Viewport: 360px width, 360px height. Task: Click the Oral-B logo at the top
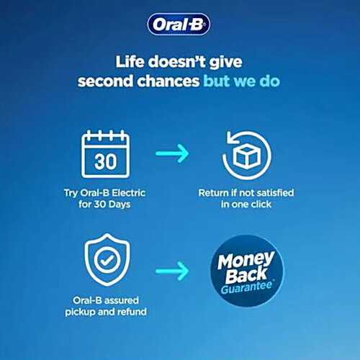[x=179, y=25]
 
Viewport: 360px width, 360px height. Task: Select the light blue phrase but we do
[x=242, y=81]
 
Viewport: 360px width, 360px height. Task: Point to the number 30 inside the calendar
[x=105, y=161]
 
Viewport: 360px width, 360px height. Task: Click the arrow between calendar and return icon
[x=173, y=153]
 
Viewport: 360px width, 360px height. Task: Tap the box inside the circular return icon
[x=247, y=153]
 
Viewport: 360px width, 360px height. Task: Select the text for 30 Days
[x=105, y=205]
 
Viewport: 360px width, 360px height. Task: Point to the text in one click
[x=246, y=205]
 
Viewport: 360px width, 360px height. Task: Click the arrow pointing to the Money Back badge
[x=173, y=271]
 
